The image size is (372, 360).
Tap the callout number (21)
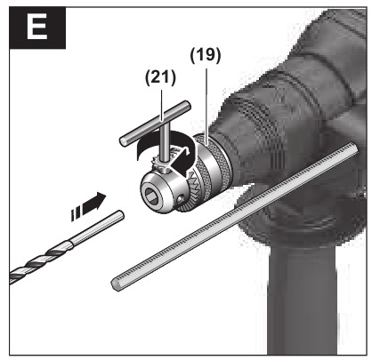point(160,77)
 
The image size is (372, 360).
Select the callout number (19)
point(206,55)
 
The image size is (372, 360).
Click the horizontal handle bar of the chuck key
point(155,123)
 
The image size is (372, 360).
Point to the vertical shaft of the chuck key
point(164,141)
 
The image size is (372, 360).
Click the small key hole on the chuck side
point(181,201)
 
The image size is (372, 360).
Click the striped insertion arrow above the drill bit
point(88,206)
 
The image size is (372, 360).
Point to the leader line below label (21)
point(162,105)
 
